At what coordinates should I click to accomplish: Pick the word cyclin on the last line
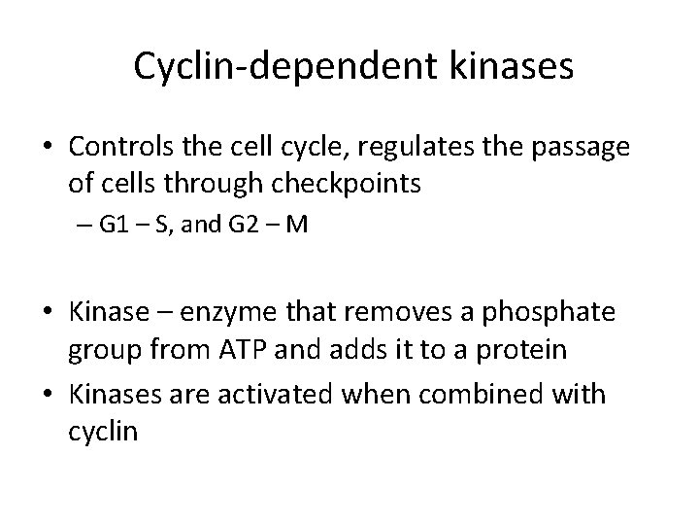tap(104, 430)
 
